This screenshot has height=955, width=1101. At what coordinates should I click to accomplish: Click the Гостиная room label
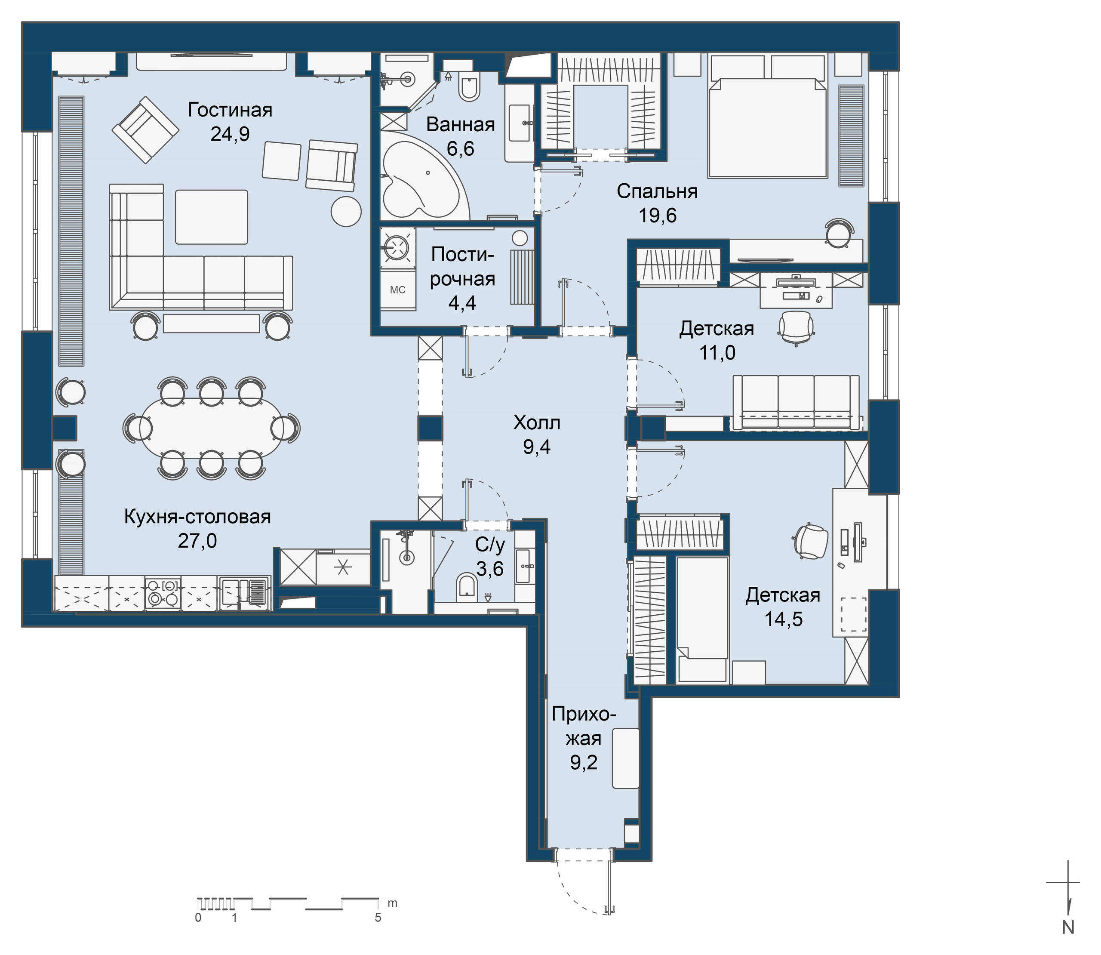point(230,110)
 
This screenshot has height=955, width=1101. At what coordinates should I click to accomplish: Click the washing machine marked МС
point(397,290)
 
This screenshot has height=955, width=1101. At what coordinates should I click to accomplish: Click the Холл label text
point(536,423)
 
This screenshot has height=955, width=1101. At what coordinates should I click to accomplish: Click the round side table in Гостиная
point(346,211)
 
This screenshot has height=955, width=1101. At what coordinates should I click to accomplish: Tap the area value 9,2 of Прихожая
point(583,763)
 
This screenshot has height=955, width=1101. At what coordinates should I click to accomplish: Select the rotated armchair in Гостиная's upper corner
point(145,129)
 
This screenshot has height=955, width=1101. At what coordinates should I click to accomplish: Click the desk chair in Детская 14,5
point(810,542)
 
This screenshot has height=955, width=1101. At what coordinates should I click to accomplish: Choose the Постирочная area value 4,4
point(462,303)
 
